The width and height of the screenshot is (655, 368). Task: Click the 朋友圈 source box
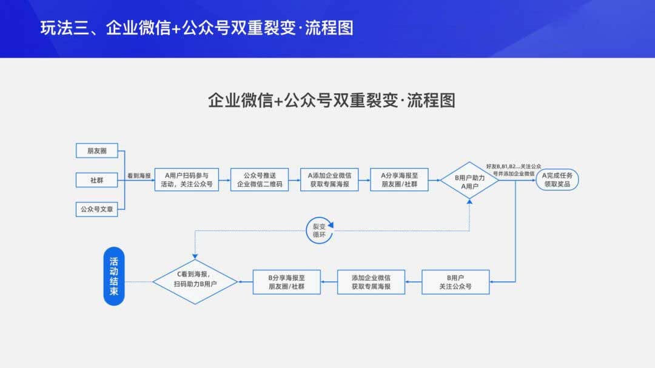[x=96, y=150]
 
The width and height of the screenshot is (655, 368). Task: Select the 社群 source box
[x=96, y=179]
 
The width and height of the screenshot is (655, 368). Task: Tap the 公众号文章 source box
[x=96, y=209]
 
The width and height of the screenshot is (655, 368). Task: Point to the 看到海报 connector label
[x=139, y=176]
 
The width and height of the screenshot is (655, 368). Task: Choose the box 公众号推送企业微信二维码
[x=258, y=179]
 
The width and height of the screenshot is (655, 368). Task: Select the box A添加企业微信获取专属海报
[x=329, y=179]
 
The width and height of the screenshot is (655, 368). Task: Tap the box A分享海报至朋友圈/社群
[x=399, y=179]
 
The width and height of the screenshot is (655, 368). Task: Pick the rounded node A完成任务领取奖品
[x=557, y=179]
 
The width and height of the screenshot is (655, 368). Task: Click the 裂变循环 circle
[x=319, y=230]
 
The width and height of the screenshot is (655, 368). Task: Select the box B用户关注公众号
[x=455, y=282]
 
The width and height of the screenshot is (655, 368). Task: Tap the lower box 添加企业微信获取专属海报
[x=371, y=282]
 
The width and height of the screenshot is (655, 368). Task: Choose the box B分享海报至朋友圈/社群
[x=286, y=282]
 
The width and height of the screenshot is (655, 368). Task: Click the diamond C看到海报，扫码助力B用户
[x=195, y=280]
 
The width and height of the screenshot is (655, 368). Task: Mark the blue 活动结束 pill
[x=114, y=276]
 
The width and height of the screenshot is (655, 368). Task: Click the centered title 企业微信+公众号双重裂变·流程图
[x=331, y=100]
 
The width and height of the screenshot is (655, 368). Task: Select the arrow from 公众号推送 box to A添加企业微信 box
[x=294, y=179]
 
